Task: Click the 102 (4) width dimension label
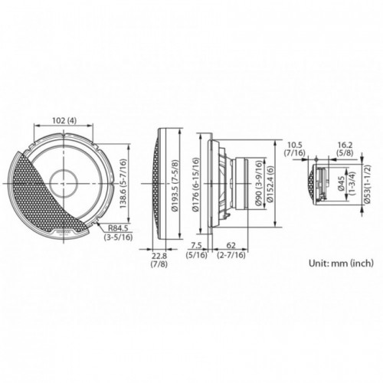[x=64, y=120]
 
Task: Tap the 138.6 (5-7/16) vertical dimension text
[x=123, y=184]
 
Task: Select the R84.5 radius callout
[x=118, y=228]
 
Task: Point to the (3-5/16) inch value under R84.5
[x=118, y=237]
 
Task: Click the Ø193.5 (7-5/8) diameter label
[x=175, y=185]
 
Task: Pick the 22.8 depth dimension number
[x=159, y=255]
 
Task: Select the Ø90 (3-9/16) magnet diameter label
[x=259, y=183]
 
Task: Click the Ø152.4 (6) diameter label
[x=270, y=184]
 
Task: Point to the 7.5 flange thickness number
[x=197, y=245]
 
